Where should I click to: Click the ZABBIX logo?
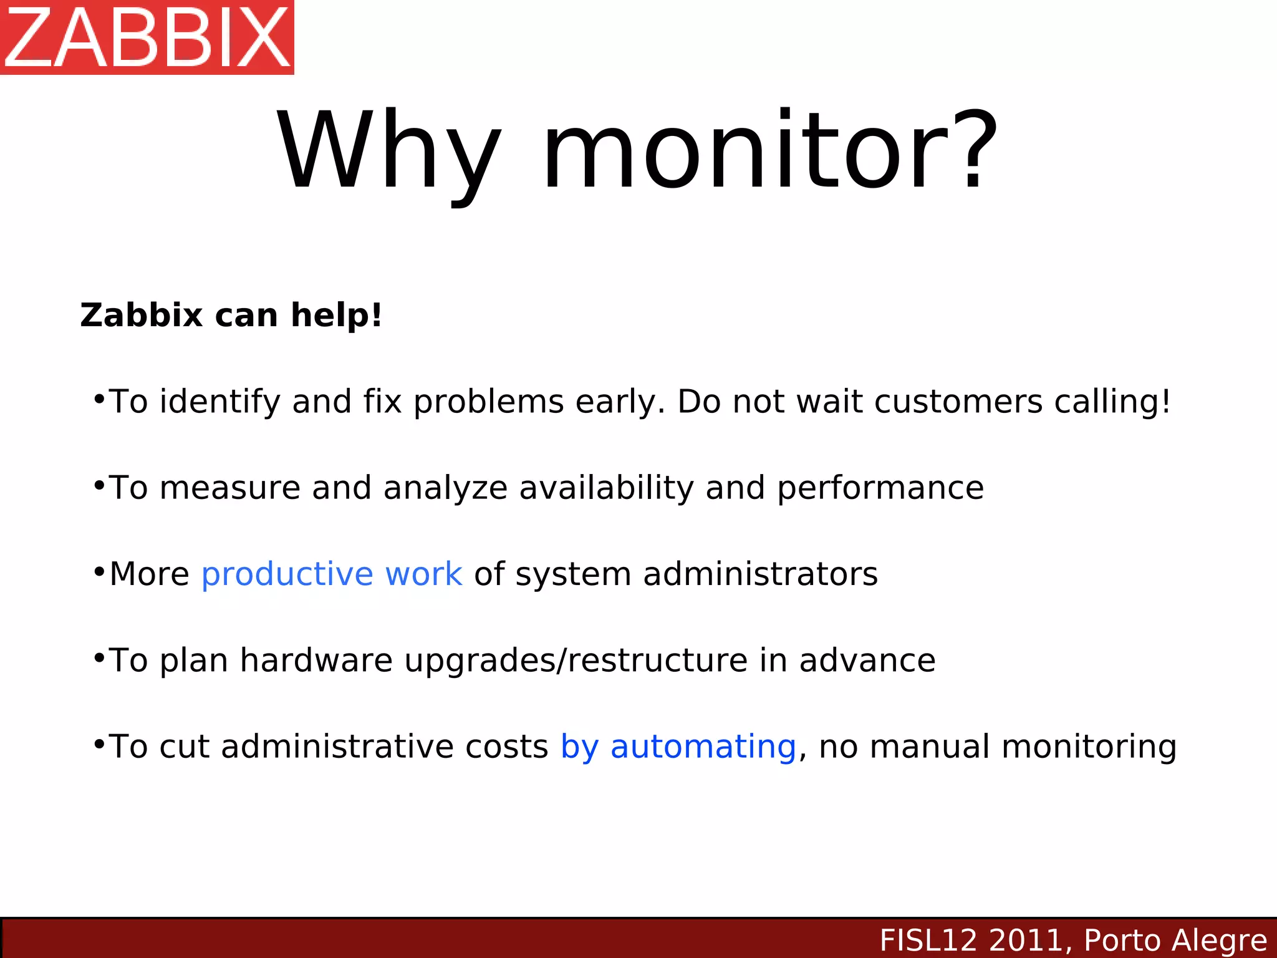click(147, 37)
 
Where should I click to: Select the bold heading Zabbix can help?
click(231, 315)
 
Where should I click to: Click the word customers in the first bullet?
click(958, 402)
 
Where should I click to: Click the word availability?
click(606, 488)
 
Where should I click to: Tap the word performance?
click(880, 488)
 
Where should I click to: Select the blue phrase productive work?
click(332, 574)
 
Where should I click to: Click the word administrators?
click(760, 574)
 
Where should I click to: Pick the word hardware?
click(316, 660)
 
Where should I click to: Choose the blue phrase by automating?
click(678, 747)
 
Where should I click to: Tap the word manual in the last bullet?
click(929, 747)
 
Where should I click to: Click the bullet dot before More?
click(99, 571)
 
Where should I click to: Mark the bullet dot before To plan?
click(99, 657)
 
